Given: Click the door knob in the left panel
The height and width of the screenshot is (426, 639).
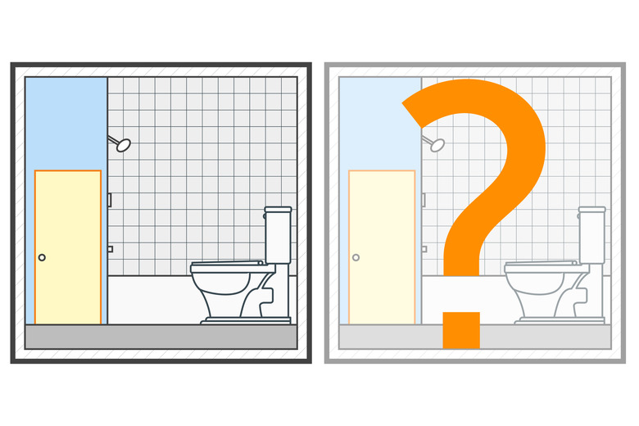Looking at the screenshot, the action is coord(42,257).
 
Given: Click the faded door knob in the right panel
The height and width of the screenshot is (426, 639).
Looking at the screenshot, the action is coord(356,257).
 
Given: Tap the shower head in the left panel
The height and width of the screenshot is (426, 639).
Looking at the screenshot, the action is coord(123,145).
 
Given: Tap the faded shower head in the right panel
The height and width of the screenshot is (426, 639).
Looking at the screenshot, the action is coord(437,145).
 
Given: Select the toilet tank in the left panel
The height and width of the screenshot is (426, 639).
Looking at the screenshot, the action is coord(278,235).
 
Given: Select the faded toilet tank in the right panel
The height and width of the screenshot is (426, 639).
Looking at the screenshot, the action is coord(591,235).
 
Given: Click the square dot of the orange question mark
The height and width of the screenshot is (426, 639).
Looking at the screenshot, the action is coord(461,330).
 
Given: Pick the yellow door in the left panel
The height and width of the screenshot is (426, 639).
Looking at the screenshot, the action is coord(68,247).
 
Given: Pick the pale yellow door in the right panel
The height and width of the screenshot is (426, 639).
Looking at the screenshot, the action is coord(382,247).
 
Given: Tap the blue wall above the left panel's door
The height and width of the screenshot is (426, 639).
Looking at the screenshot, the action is coord(66,122).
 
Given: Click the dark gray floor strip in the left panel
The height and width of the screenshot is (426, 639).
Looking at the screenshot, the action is coord(161,337).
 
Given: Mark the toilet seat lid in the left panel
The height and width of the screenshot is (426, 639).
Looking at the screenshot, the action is coord(227,264).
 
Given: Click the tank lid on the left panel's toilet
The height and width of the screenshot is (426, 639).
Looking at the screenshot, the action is coord(278,210).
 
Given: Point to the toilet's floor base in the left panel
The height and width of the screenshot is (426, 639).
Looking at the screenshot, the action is coord(246,321).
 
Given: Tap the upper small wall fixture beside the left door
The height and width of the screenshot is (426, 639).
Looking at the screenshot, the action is coord(110,200).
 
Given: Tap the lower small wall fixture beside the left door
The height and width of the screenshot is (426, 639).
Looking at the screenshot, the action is coord(110,249).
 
